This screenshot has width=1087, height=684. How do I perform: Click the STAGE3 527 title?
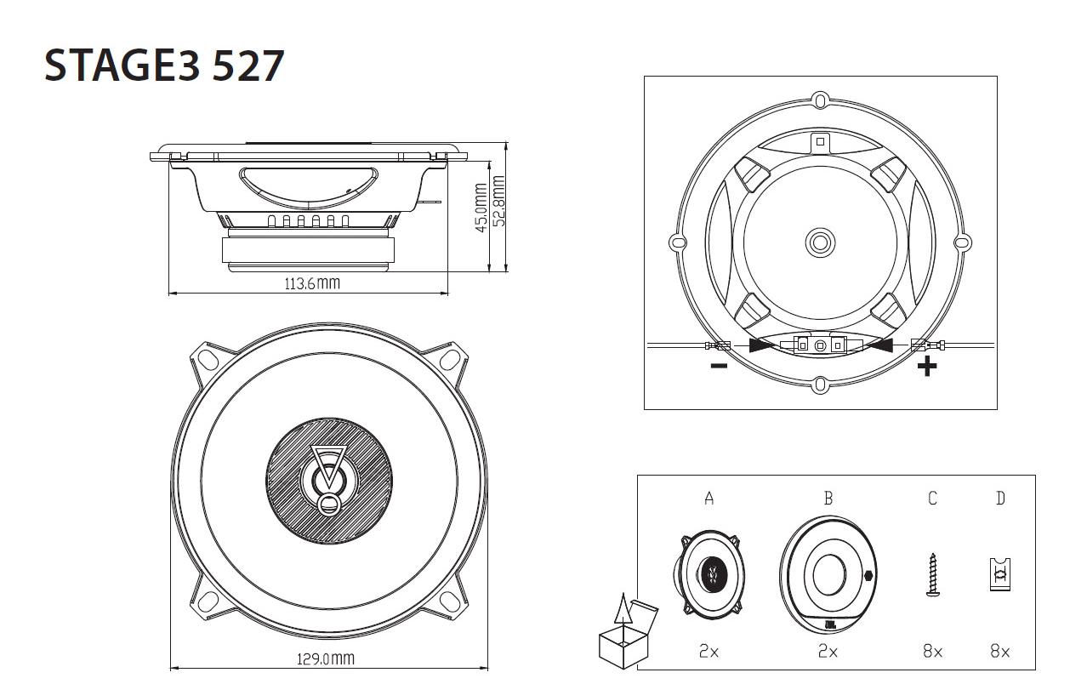pyautogui.click(x=163, y=66)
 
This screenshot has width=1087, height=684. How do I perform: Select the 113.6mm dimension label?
pyautogui.click(x=311, y=283)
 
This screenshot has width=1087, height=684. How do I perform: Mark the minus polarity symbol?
pyautogui.click(x=719, y=367)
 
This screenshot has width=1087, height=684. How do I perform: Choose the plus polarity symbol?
pyautogui.click(x=927, y=367)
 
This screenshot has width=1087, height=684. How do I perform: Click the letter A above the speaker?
pyautogui.click(x=709, y=499)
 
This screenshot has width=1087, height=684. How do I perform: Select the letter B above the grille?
pyautogui.click(x=828, y=499)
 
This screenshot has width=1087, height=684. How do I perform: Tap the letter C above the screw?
pyautogui.click(x=932, y=499)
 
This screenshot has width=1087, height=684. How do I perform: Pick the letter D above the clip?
pyautogui.click(x=1000, y=499)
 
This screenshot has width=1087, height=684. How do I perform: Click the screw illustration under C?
pyautogui.click(x=933, y=575)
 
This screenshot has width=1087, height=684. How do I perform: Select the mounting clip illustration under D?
pyautogui.click(x=1000, y=574)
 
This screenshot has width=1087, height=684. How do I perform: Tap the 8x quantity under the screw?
pyautogui.click(x=933, y=651)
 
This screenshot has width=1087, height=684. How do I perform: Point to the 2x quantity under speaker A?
pyautogui.click(x=709, y=651)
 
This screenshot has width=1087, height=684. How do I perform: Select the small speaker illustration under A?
pyautogui.click(x=709, y=573)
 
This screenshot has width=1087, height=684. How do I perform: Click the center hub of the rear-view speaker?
pyautogui.click(x=820, y=242)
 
